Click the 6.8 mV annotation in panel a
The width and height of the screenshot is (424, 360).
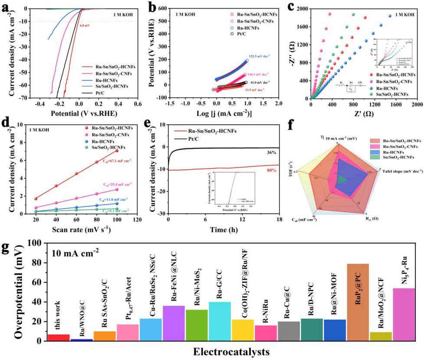pos(85,26)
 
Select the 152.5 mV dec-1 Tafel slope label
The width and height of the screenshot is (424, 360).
pos(260,56)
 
